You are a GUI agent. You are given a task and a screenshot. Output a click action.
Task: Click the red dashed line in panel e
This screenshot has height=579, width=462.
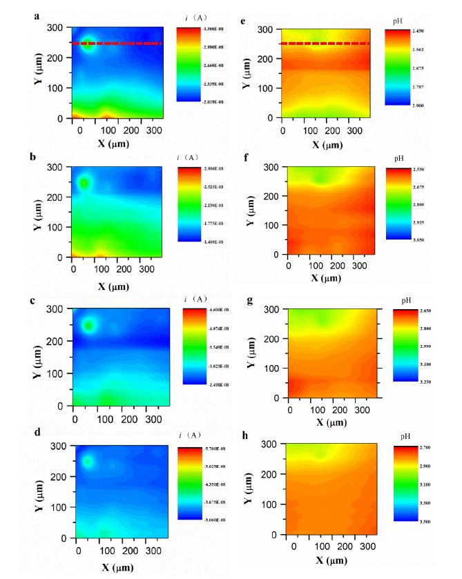coord(325,43)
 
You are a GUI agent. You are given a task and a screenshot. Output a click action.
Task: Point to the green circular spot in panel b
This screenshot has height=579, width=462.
coord(84,183)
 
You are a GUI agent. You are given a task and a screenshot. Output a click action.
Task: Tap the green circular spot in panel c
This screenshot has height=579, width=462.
coord(88,325)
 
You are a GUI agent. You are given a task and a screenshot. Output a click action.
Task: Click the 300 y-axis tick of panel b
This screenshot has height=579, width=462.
coord(59,168)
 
